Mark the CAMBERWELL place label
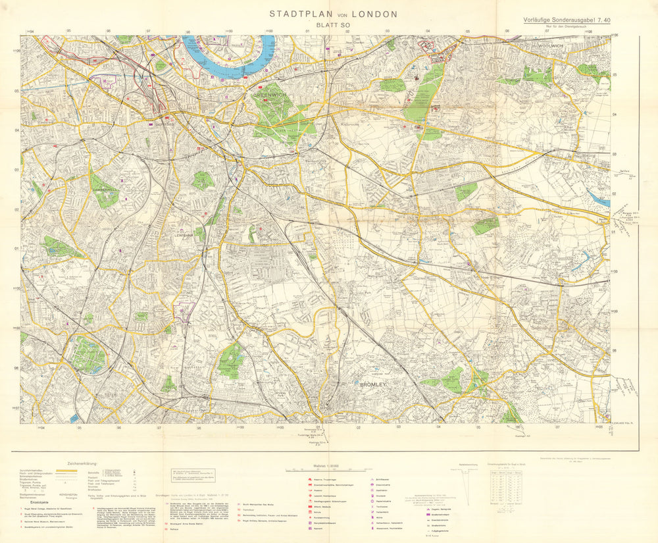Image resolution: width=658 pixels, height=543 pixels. pos(105,188)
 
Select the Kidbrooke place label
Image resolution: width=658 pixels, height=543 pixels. pos(343,122)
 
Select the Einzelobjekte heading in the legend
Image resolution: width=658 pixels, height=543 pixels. pos(34,502)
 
